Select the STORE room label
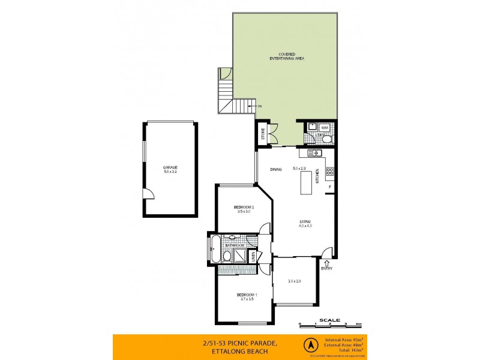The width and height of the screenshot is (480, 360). (263, 134)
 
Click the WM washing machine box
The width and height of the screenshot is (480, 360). (324, 127)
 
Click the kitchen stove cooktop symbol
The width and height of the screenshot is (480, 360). (329, 172)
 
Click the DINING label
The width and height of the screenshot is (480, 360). (276, 170)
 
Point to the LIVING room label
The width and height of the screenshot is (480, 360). (305, 222)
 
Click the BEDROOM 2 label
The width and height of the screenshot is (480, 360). (244, 208)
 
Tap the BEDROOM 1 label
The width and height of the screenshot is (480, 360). (247, 295)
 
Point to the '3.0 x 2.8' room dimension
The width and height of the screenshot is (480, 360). (295, 281)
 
